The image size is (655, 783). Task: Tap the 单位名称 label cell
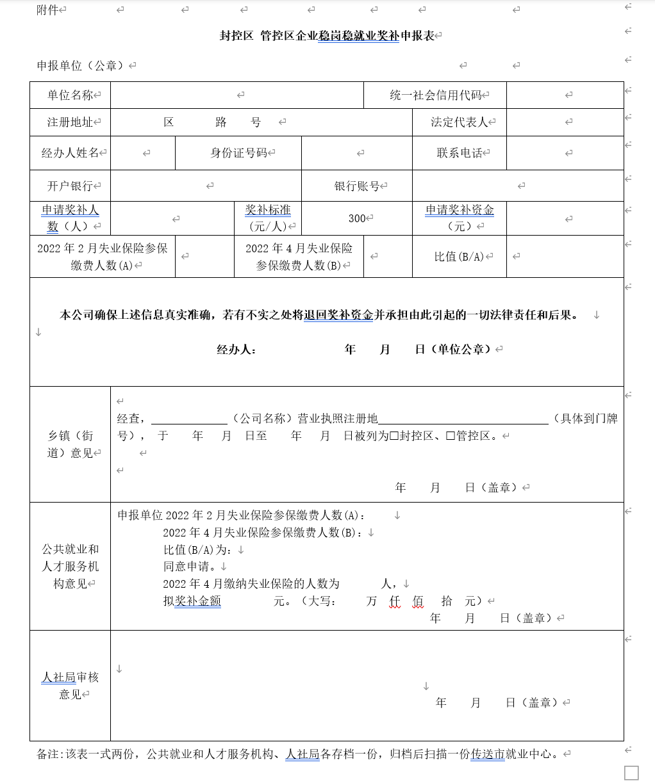coord(70,95)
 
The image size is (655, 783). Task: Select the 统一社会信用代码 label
coord(436,95)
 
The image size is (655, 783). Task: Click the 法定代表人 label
coord(460,122)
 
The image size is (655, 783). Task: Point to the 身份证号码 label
coord(238,153)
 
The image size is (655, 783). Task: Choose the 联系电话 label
coord(460,153)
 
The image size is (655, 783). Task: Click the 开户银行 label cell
coord(70,186)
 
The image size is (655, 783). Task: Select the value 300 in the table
coord(357,218)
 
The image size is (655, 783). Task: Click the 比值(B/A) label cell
coord(460,256)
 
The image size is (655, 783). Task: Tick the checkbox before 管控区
coord(451,436)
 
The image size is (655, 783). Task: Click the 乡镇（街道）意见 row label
coord(70,444)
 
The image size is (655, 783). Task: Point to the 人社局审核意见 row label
coord(70,686)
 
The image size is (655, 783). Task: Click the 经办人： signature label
coord(236,349)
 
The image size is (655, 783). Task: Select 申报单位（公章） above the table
coord(83,65)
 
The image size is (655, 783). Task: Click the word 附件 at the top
coord(47,10)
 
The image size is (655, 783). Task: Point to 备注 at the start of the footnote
coord(48,754)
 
